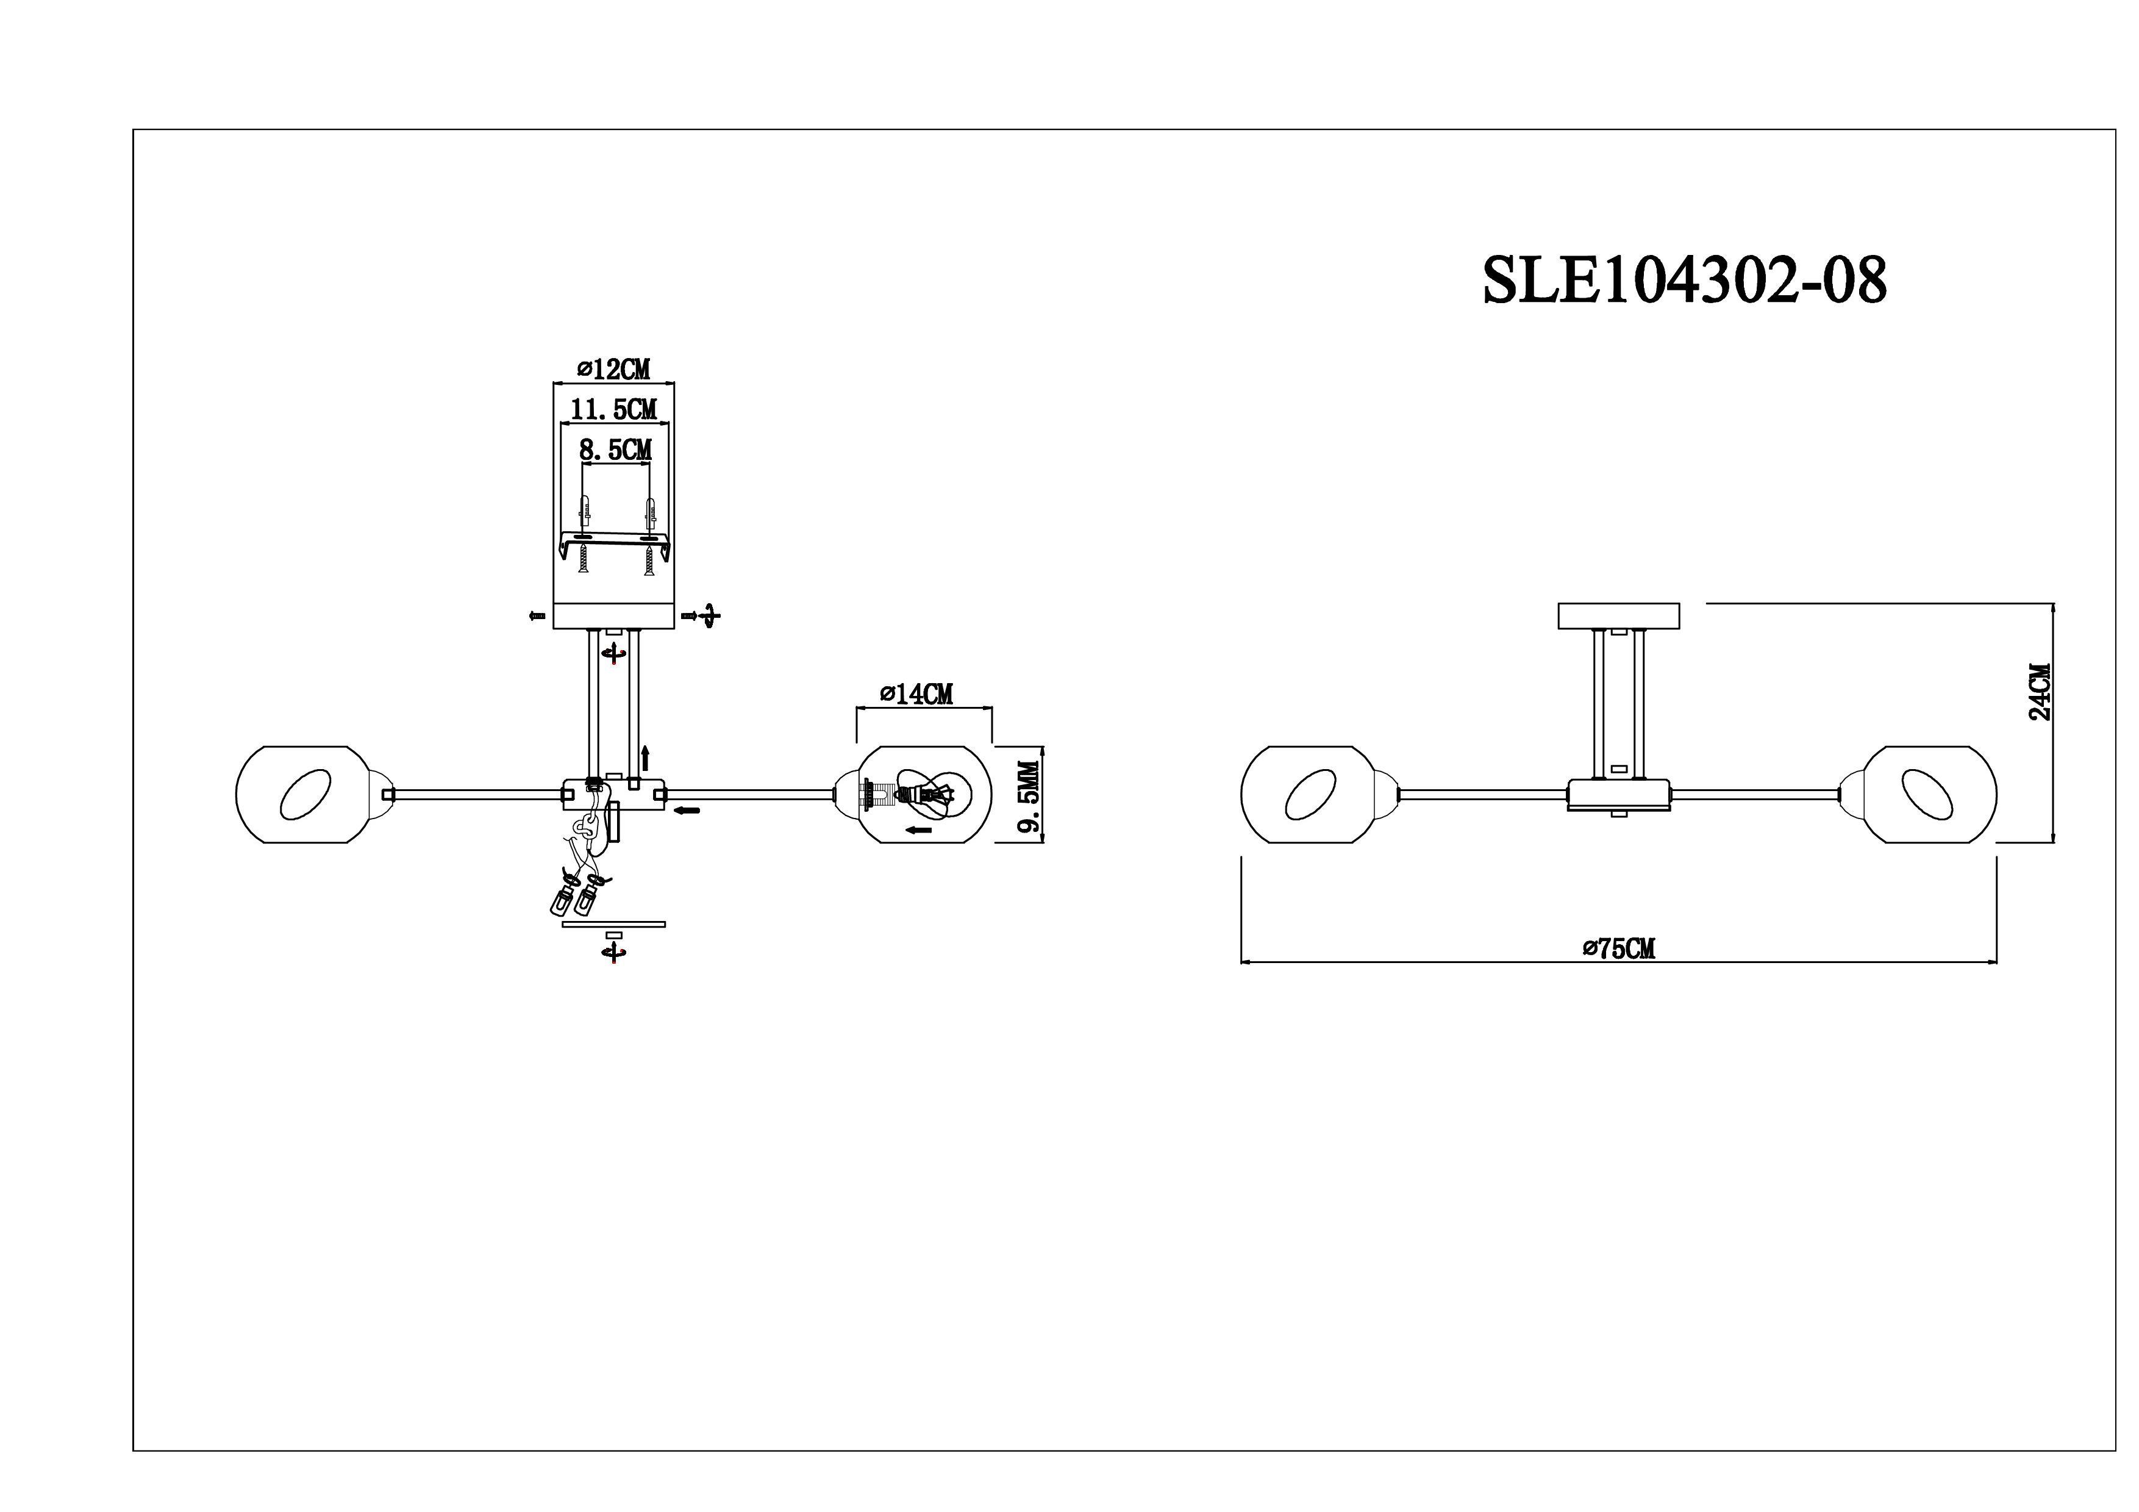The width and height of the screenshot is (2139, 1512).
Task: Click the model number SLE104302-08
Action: [x=1684, y=281]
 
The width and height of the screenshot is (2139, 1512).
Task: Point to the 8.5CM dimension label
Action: [x=616, y=450]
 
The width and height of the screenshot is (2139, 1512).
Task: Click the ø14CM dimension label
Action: [x=916, y=694]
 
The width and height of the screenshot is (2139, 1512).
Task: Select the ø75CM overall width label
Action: [x=1619, y=948]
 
